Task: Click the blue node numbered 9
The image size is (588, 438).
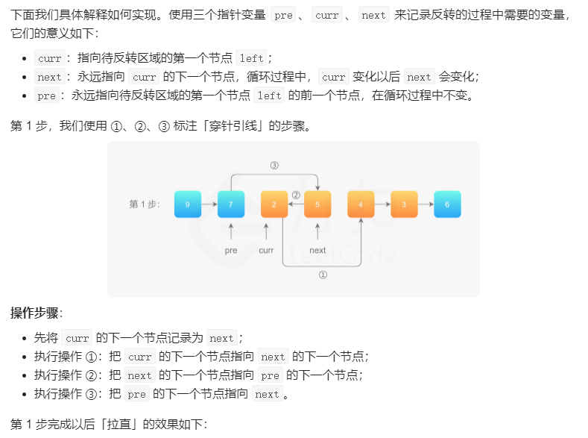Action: (188, 204)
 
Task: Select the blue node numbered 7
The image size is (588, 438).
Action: (231, 204)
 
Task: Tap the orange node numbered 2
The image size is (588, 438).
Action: (274, 204)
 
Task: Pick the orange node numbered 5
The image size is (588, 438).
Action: (317, 204)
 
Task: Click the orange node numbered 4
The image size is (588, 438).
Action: (361, 204)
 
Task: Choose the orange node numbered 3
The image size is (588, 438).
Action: (404, 204)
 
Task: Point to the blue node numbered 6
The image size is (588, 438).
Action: (447, 204)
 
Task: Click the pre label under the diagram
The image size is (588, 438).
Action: (231, 251)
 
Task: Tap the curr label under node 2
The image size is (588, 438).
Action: (266, 251)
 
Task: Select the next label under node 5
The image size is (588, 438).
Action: (317, 251)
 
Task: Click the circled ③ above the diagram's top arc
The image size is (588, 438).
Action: (274, 165)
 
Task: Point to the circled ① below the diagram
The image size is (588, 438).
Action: (323, 275)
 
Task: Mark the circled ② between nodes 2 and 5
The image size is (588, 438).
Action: (296, 195)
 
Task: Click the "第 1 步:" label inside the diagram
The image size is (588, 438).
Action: (145, 204)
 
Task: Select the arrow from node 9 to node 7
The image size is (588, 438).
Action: (209, 204)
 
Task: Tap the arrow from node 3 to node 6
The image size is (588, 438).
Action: (426, 204)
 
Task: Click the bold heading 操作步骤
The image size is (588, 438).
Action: (36, 313)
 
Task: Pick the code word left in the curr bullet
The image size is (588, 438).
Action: (250, 58)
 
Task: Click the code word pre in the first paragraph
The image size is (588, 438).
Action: (283, 15)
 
